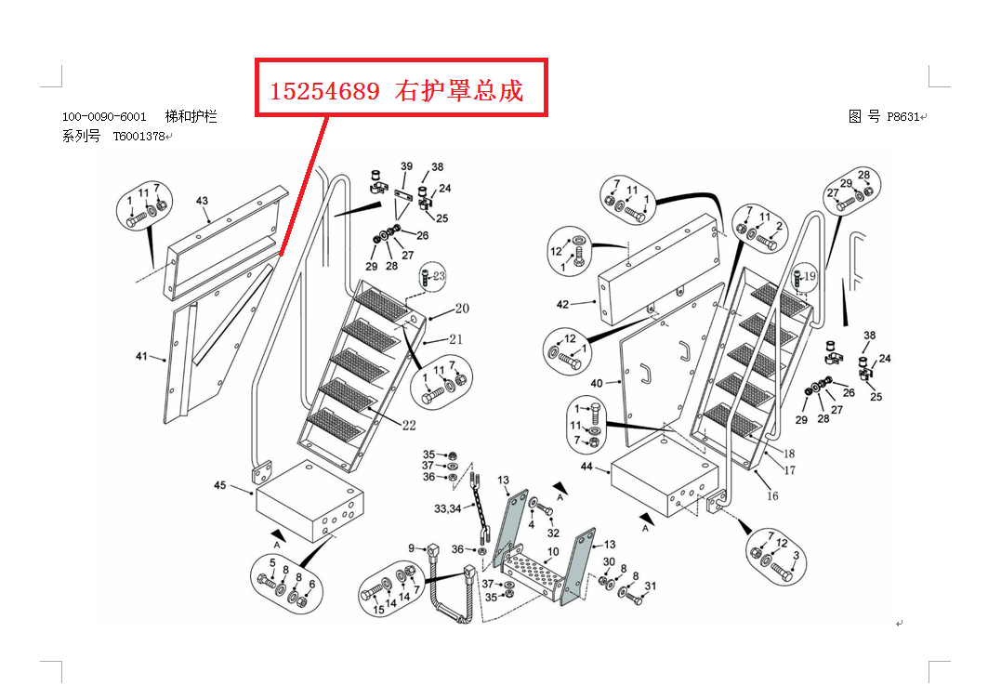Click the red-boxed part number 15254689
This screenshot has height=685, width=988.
tap(325, 91)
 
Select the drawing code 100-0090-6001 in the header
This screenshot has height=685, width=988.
tap(104, 117)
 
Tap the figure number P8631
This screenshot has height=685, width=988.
tap(902, 117)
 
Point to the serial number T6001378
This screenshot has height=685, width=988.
tap(138, 136)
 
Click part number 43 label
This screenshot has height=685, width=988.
tap(202, 201)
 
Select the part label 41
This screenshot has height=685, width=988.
tap(141, 356)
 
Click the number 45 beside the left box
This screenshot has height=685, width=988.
tap(220, 486)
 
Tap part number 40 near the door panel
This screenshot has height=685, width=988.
tap(597, 383)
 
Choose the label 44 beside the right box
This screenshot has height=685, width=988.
tap(586, 466)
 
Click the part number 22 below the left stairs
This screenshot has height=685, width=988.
tap(409, 427)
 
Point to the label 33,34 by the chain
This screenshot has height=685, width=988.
tap(447, 508)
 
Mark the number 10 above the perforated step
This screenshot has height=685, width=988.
tap(552, 552)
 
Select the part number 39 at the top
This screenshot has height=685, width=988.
tap(406, 166)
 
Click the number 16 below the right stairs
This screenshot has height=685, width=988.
tap(772, 496)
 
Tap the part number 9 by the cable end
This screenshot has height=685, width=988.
tap(411, 547)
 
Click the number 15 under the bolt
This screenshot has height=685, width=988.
tap(378, 611)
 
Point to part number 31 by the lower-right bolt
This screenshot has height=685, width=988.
tap(651, 586)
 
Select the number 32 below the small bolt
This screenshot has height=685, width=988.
tap(553, 533)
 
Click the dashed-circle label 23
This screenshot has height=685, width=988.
tap(439, 276)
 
